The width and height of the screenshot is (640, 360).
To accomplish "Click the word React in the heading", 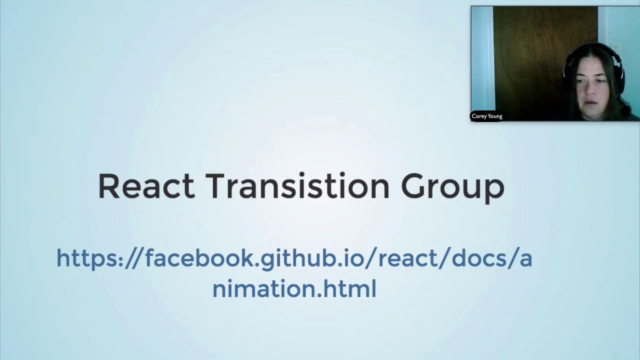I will point(146,186).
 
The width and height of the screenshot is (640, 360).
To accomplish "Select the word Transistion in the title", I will point(297,186).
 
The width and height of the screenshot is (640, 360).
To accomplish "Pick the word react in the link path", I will point(409,258).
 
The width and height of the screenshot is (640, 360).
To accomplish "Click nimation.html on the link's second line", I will point(294,289).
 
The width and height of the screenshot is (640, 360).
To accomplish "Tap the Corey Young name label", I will point(486,116).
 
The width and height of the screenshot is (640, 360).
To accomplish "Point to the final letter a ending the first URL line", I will point(525,259).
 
